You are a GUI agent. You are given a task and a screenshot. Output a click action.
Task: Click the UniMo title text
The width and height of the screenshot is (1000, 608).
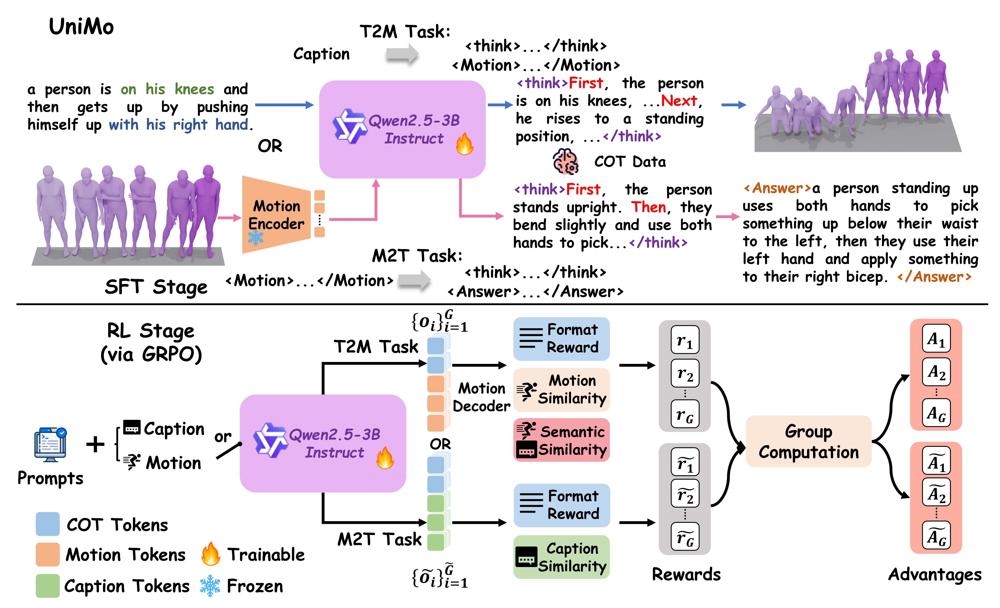[x=81, y=27]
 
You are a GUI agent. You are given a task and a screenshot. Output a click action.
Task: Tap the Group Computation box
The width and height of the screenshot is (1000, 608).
[x=808, y=441]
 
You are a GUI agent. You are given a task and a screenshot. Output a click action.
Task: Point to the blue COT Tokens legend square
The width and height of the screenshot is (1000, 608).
[x=47, y=524]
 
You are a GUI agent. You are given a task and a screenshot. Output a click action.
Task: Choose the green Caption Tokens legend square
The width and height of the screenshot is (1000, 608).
[x=47, y=585]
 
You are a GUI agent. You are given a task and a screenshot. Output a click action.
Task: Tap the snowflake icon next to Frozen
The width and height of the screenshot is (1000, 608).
[x=210, y=585]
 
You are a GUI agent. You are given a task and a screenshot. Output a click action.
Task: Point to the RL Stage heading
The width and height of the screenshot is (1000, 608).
[x=151, y=331]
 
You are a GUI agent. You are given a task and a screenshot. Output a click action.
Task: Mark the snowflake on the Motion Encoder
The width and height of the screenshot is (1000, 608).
[x=256, y=238]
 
